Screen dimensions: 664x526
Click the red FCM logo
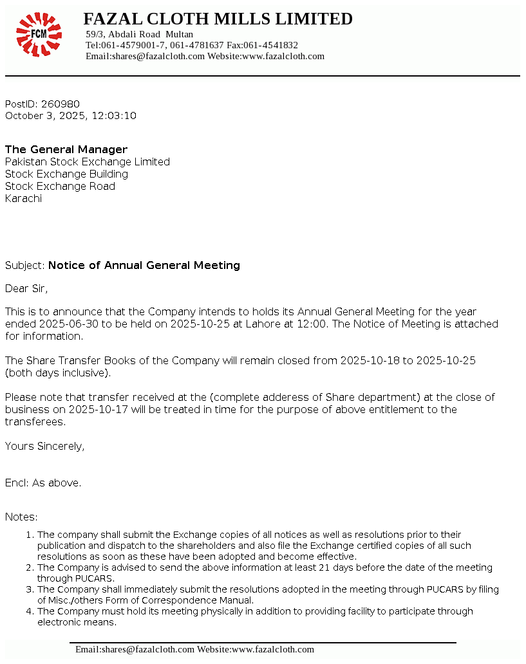click(39, 34)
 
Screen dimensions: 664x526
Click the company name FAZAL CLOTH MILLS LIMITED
click(218, 19)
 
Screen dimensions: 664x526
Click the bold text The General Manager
click(66, 150)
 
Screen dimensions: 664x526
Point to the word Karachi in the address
click(23, 199)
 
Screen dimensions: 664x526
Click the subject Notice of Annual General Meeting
click(144, 266)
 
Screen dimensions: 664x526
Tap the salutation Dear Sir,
click(26, 289)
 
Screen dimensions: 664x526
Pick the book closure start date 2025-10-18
click(370, 361)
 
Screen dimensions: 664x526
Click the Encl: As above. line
click(43, 483)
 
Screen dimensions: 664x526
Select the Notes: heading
click(21, 517)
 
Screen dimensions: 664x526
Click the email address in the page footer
click(135, 650)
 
